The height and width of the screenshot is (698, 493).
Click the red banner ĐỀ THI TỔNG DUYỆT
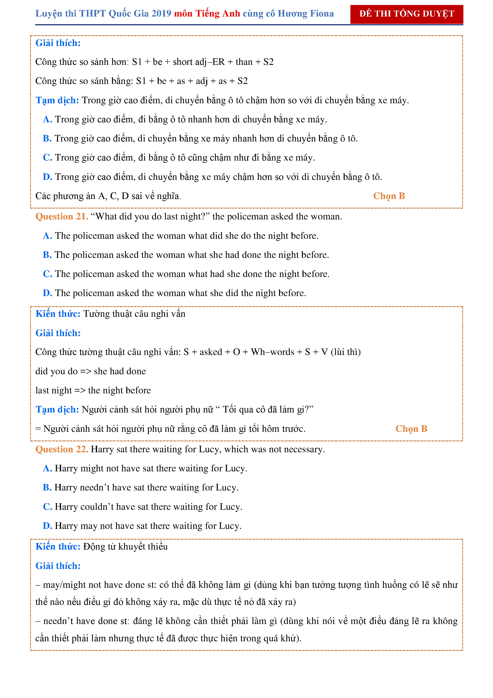pos(406,14)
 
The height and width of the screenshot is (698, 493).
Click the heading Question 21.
pos(62,216)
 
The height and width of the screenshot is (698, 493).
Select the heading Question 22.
pos(62,449)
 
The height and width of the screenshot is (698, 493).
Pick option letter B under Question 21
pos(47,255)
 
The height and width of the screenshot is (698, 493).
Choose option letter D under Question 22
pos(47,526)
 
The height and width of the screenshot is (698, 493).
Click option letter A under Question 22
pos(47,468)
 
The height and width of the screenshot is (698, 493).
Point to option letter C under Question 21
pos(47,274)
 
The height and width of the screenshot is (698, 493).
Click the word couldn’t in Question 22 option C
pos(97,507)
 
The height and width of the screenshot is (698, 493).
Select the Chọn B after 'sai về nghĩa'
pos(389,196)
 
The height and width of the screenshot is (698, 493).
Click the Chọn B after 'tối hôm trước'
pos(411,429)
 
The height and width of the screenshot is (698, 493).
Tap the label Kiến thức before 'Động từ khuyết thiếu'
pos(58,547)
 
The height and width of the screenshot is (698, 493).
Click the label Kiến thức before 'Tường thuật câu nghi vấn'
pos(58,314)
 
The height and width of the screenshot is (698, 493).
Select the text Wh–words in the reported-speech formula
pos(272,352)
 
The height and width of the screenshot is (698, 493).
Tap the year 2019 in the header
pos(161,14)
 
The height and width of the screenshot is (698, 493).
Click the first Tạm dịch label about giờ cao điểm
pos(57,100)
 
